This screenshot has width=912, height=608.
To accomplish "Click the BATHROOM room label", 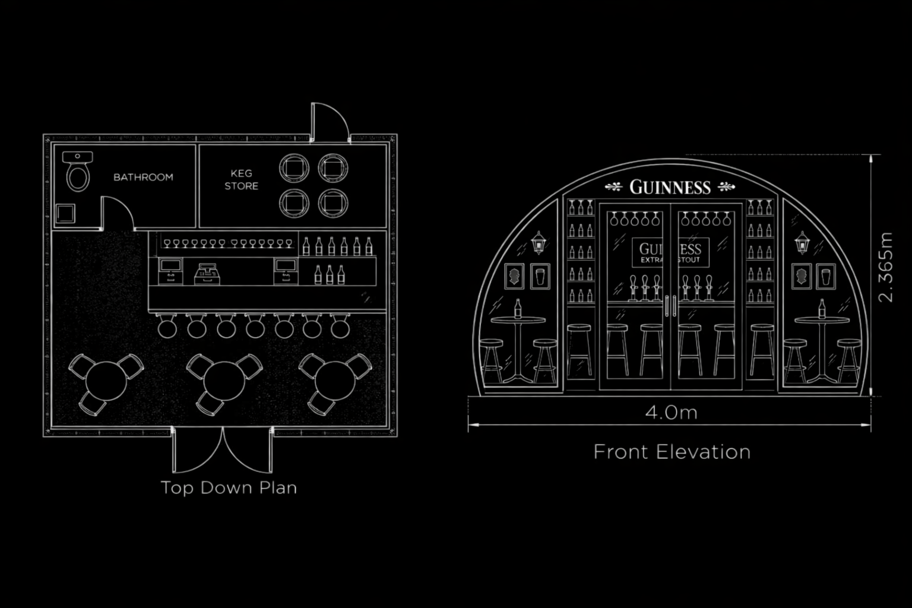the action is (143, 177).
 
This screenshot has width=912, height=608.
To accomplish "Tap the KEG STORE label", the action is (242, 179).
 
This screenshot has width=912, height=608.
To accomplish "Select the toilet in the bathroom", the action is (78, 172).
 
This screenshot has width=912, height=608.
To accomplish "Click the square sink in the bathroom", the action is (65, 213).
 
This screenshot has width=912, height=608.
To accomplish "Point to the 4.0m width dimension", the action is (672, 413).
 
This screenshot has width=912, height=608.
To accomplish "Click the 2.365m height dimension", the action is (885, 267).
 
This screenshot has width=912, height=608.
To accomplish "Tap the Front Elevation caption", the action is (672, 452).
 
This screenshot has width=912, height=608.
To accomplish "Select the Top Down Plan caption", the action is (229, 488).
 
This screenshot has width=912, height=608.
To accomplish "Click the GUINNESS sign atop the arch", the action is (670, 187).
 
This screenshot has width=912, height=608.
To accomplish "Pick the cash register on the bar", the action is (207, 274).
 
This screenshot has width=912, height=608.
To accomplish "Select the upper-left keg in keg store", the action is (294, 168).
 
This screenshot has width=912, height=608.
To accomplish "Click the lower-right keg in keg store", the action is (333, 203).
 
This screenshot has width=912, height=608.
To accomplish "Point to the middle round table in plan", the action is (224, 381).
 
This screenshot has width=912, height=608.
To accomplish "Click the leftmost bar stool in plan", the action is (167, 327).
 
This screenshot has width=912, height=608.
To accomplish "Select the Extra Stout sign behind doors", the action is (670, 252).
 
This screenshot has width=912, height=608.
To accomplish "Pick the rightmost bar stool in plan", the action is (340, 327).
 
